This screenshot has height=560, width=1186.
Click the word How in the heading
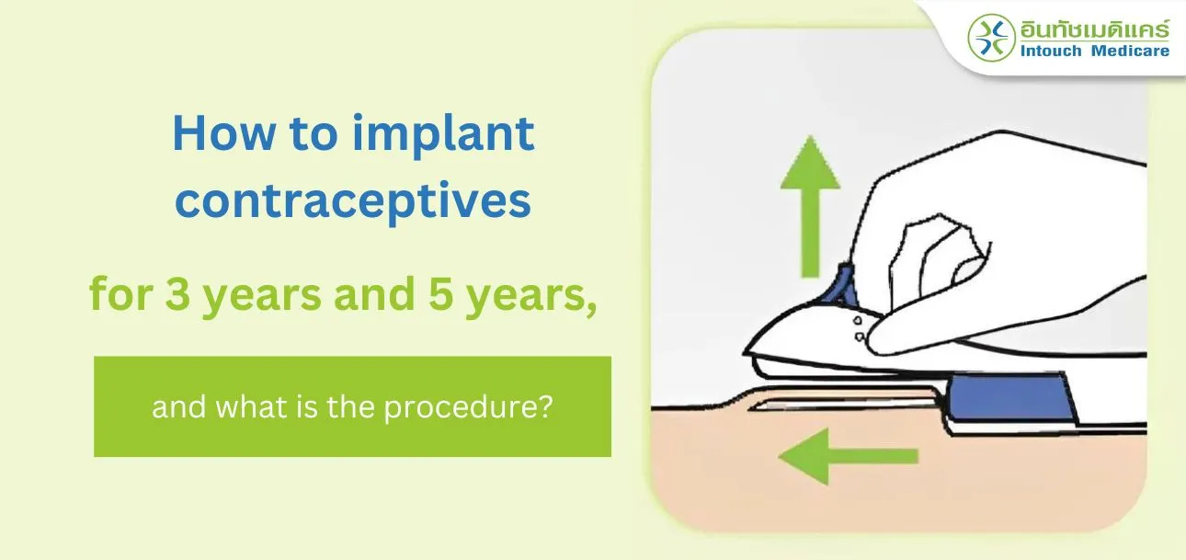[224, 133]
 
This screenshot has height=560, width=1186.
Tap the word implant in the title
[444, 136]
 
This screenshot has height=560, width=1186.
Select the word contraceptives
[353, 203]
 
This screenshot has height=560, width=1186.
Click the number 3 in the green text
[177, 293]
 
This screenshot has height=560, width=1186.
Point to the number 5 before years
[441, 293]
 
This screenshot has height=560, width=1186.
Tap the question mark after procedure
[546, 406]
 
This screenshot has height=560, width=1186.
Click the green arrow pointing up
[810, 207]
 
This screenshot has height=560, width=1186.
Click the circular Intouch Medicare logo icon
[992, 38]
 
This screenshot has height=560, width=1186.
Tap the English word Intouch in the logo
[1051, 51]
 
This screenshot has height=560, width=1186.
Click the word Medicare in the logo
[1131, 51]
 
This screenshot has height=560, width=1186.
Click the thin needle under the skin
[842, 406]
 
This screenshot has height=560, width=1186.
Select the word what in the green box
[257, 406]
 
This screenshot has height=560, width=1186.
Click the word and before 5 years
[374, 293]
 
